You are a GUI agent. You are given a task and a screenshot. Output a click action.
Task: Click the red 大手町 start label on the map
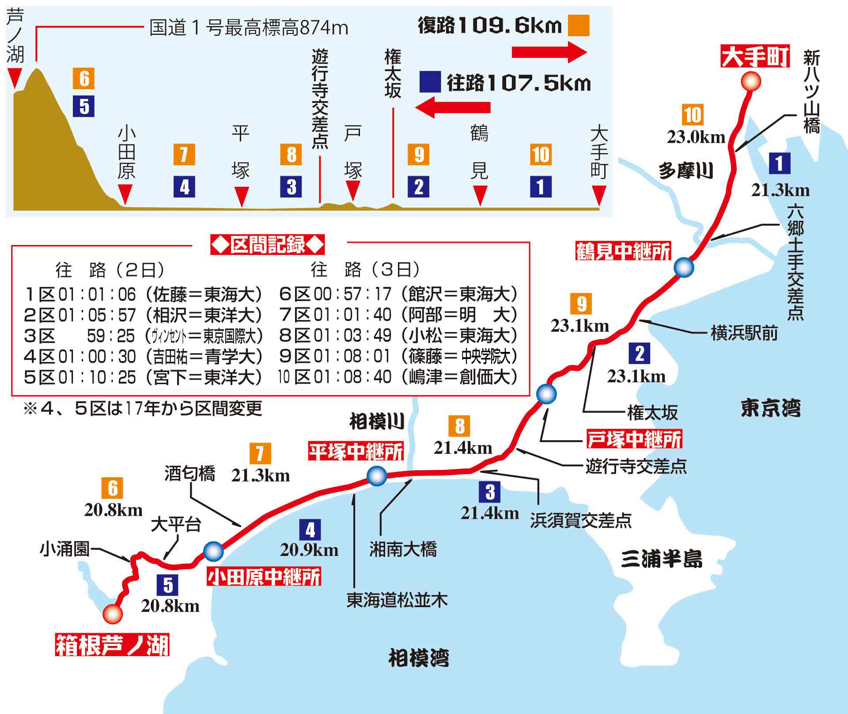click(x=755, y=57)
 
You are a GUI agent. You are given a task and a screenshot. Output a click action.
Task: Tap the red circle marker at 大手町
click(x=750, y=82)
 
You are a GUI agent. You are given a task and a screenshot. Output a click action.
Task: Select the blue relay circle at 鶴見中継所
click(x=684, y=267)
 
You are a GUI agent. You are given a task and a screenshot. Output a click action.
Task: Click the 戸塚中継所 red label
click(x=634, y=439)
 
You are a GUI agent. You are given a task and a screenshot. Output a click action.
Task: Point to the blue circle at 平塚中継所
click(x=377, y=476)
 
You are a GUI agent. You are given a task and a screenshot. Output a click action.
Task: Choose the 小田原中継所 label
click(x=264, y=577)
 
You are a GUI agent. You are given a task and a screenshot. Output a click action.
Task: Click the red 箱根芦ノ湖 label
click(x=112, y=645)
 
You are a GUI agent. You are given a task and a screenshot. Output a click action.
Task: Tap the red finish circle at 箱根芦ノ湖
click(x=113, y=614)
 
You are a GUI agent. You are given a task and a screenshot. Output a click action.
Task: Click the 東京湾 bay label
click(x=770, y=408)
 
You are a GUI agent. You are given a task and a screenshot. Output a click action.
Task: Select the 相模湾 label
click(x=418, y=658)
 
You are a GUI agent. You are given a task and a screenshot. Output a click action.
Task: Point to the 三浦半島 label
click(x=661, y=559)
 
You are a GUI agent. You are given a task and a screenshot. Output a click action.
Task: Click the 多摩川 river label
click(x=685, y=170)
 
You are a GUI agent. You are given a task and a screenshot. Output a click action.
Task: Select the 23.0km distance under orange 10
click(x=696, y=137)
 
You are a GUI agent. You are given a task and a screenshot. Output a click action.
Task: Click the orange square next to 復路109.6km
click(x=579, y=26)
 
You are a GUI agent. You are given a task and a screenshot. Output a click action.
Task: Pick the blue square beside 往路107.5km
click(x=430, y=82)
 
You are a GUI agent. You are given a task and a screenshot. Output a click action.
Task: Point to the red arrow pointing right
click(x=549, y=52)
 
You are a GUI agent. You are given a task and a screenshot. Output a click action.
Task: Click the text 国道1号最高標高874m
click(x=249, y=28)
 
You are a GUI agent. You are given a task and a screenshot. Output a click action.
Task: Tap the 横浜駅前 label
click(x=744, y=333)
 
